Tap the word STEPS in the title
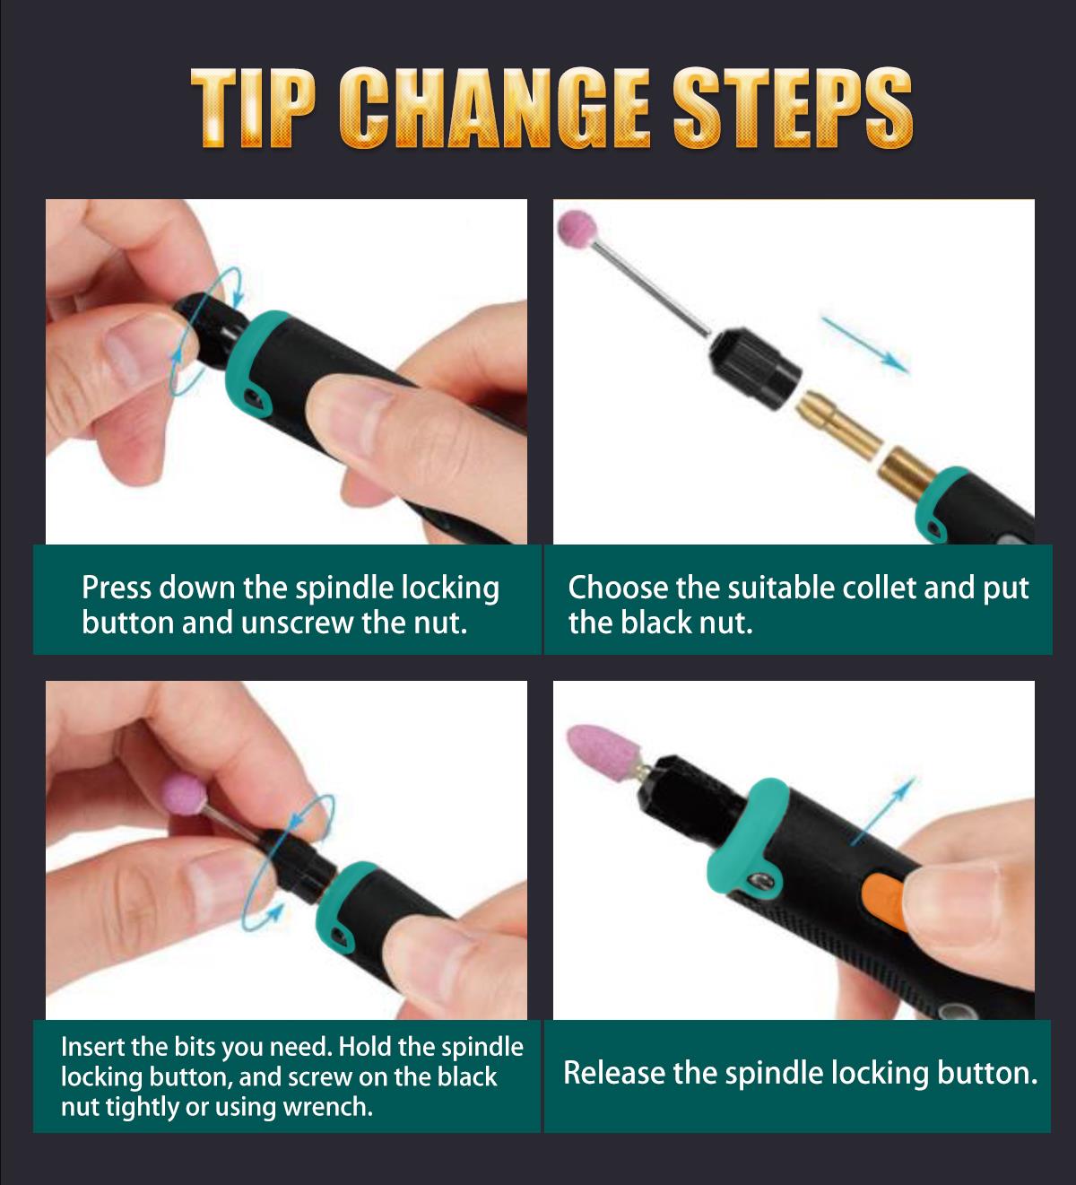click(x=794, y=109)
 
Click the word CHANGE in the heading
click(x=495, y=109)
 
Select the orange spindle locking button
click(x=884, y=902)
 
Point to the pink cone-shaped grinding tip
click(x=596, y=750)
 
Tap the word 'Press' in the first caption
click(x=117, y=588)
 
